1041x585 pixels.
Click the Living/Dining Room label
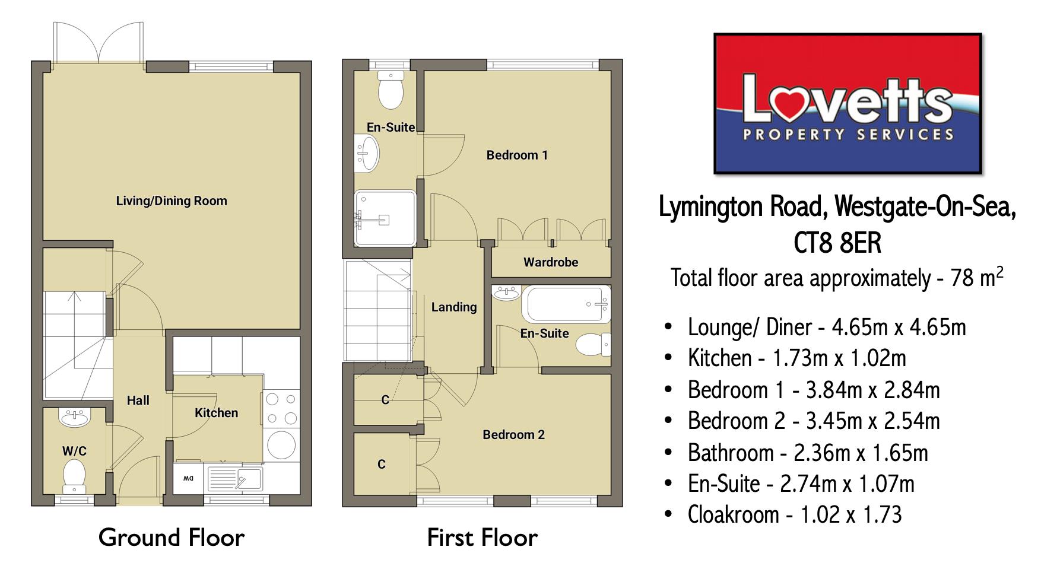point(172,201)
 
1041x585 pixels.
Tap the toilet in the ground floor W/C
point(74,476)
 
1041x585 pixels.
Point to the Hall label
point(138,400)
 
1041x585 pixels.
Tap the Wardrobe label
point(550,262)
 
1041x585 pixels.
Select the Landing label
point(453,307)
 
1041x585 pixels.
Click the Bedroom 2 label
point(513,434)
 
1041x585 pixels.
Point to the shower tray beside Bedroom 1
point(385,218)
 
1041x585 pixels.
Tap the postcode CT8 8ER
point(837,243)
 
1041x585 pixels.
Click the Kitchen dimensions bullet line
point(796,358)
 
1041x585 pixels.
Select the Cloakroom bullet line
point(794,514)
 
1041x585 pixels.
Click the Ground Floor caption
point(171,538)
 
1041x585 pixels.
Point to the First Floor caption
point(482,538)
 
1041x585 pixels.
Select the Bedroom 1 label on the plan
point(516,155)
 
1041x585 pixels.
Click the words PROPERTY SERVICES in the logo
point(848,135)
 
